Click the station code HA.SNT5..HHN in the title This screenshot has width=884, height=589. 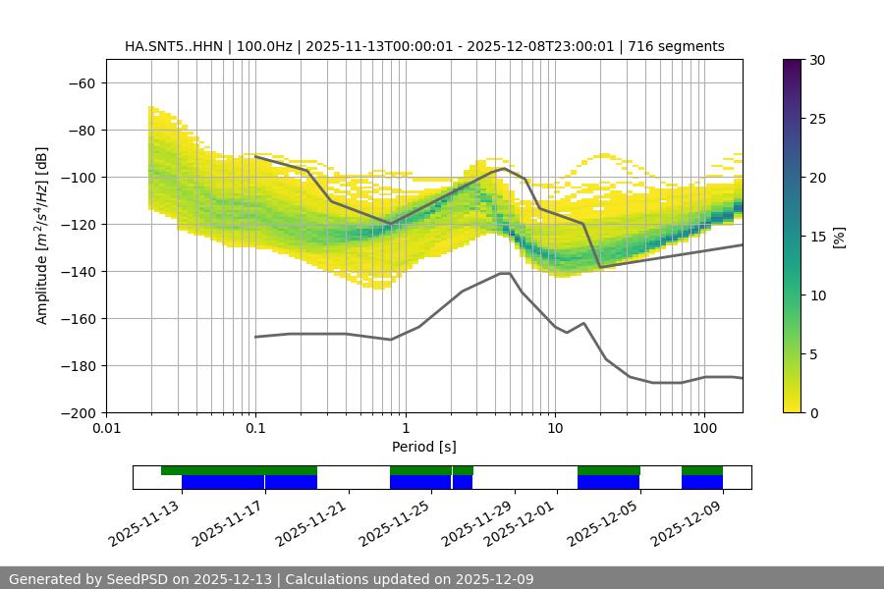pos(174,46)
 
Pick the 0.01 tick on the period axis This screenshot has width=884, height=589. pos(106,428)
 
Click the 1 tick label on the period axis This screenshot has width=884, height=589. pos(405,428)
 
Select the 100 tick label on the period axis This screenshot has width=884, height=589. pos(703,428)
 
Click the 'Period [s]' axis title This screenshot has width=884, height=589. pos(423,447)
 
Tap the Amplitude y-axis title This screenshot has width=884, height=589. pos(41,236)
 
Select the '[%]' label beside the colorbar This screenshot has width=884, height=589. pos(839,237)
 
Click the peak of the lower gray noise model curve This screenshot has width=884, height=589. pos(505,273)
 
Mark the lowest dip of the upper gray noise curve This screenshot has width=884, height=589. pos(601,267)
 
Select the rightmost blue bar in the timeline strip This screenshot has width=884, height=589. pos(702,482)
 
